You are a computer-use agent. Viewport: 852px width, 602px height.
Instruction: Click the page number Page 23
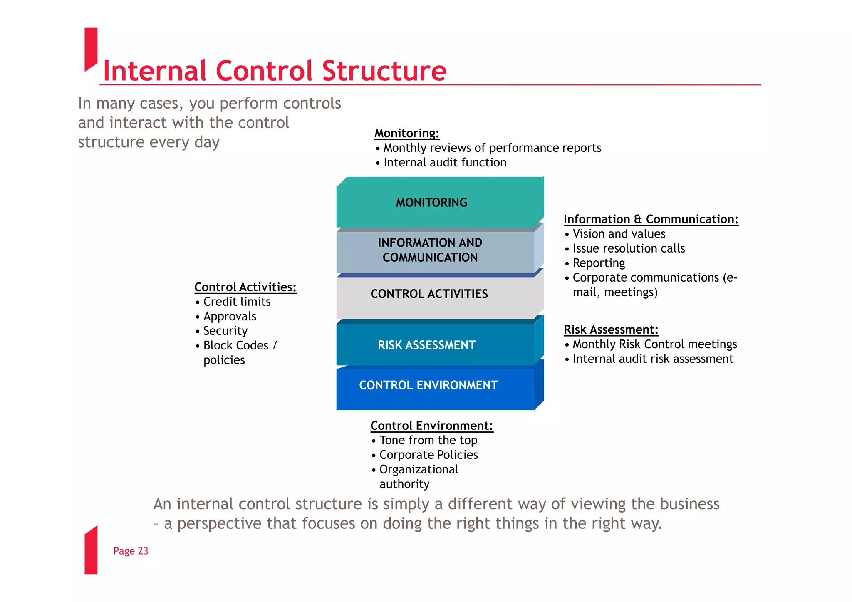[131, 551]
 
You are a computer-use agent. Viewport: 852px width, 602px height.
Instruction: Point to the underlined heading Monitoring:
[406, 133]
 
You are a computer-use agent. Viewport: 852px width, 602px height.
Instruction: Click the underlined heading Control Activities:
[245, 287]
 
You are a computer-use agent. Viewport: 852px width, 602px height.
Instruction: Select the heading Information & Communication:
[651, 219]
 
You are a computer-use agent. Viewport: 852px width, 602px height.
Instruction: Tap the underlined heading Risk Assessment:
[611, 329]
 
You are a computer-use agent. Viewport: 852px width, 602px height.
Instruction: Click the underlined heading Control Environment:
[431, 426]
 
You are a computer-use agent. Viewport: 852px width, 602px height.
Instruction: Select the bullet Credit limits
[237, 302]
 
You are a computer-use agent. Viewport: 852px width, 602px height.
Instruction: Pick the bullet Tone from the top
[428, 440]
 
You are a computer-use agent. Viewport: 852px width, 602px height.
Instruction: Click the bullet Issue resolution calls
[628, 248]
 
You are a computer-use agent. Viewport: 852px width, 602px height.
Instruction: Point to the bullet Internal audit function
[444, 162]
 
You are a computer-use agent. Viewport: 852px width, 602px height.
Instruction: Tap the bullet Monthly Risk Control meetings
[654, 344]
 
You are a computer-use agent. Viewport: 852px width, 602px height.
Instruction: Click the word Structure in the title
[384, 71]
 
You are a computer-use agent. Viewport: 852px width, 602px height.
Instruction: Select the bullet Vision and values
[619, 234]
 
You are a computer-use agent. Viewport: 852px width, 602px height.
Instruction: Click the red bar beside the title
[91, 48]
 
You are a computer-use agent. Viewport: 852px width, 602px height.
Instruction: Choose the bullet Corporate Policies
[428, 455]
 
